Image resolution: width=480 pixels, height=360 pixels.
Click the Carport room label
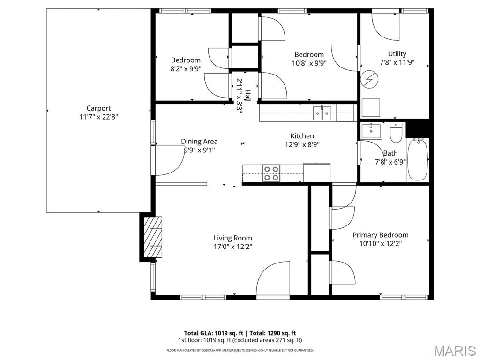(x=98, y=108)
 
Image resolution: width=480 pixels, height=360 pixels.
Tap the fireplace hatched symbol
(x=153, y=237)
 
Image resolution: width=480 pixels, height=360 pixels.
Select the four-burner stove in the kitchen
(x=271, y=173)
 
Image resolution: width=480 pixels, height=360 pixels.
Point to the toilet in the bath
(x=396, y=133)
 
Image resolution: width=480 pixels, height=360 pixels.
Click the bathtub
(x=418, y=160)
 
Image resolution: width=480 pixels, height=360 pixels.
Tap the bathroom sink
(x=371, y=131)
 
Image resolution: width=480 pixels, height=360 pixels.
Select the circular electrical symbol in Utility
(x=369, y=80)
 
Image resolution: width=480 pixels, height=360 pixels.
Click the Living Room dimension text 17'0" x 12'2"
(x=232, y=247)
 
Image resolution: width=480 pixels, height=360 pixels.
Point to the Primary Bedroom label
(x=381, y=235)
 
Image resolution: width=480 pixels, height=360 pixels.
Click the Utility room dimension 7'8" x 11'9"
(x=397, y=62)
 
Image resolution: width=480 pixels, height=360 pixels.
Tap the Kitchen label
(x=302, y=136)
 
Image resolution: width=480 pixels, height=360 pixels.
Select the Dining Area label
(x=199, y=142)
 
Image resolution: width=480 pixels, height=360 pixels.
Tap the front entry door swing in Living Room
(x=272, y=279)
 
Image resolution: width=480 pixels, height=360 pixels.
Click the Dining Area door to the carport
(x=169, y=161)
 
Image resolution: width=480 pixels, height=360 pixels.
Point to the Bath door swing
(x=371, y=153)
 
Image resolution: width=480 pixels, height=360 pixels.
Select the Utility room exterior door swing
(x=385, y=27)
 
